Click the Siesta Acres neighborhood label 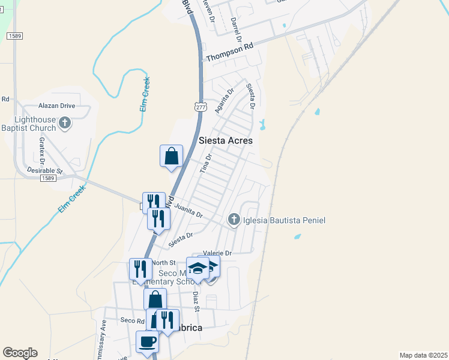coord(226,140)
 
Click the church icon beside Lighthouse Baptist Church coord(65,124)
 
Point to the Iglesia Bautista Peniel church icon coord(234,220)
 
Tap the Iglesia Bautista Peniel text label coord(283,221)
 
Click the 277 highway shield coord(200,106)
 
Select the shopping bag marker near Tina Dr coord(171,156)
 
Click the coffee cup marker coord(147,342)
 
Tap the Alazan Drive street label coord(56,105)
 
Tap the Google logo coord(20,353)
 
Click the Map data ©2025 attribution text coord(423,355)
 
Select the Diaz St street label coord(195,298)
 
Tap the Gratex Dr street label coord(43,150)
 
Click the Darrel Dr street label coord(235,29)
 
